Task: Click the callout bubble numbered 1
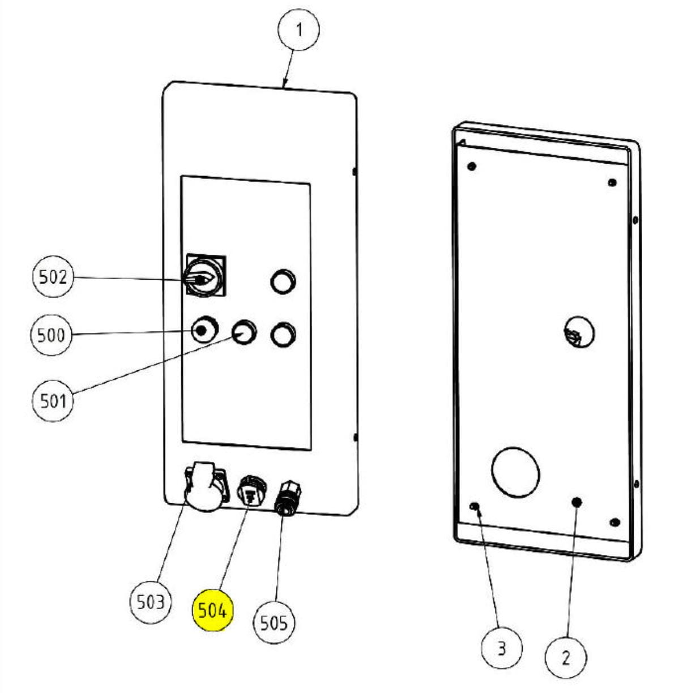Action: [298, 29]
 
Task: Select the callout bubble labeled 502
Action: [53, 277]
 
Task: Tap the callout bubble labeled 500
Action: [52, 335]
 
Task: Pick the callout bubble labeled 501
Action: [53, 400]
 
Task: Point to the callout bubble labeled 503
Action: [151, 601]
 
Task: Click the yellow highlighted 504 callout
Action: [212, 611]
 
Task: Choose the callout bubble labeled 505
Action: [274, 622]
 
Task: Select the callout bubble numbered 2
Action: [566, 657]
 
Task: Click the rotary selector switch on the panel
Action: [204, 276]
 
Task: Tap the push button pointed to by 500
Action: [204, 330]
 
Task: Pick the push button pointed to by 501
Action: [244, 331]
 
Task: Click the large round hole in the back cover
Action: [515, 471]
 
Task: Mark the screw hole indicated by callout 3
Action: [476, 506]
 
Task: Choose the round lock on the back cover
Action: [578, 332]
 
